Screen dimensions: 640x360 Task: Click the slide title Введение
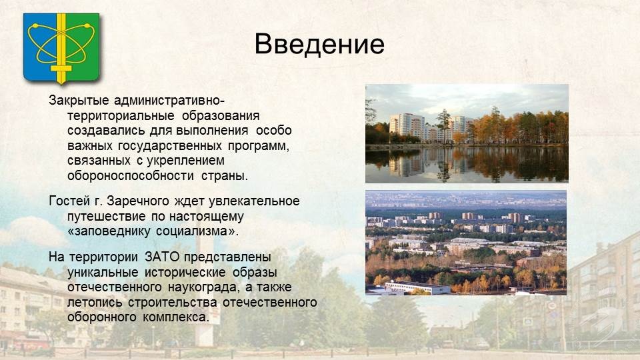click(x=319, y=44)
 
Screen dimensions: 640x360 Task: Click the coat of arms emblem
click(x=61, y=48)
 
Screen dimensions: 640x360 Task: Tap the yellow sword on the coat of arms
click(x=61, y=49)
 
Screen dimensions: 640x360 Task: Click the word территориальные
click(x=121, y=116)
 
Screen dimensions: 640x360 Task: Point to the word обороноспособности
click(x=130, y=175)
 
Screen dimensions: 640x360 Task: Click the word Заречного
click(x=137, y=201)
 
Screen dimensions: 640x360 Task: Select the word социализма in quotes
click(x=192, y=231)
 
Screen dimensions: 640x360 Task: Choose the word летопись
click(x=95, y=303)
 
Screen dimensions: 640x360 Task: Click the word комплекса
click(x=175, y=317)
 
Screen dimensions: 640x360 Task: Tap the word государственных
click(x=170, y=146)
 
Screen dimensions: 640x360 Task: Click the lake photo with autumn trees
click(x=467, y=133)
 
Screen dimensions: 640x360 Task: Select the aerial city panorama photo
click(x=466, y=243)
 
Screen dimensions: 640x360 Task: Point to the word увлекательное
click(x=254, y=201)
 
